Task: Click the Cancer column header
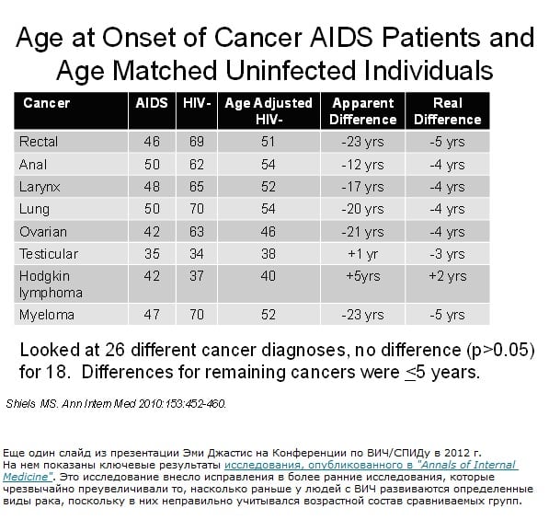[47, 103]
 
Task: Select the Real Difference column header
[448, 111]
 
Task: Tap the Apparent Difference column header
[363, 111]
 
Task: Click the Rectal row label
[39, 142]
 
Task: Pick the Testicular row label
[49, 254]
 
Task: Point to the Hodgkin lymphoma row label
[51, 284]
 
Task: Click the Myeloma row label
[47, 315]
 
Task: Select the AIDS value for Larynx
[152, 187]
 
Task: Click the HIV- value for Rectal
[197, 142]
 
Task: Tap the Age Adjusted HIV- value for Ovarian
[269, 232]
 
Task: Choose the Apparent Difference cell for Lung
[362, 209]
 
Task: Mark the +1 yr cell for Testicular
[362, 254]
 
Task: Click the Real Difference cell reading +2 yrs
[448, 276]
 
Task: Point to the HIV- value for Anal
[197, 165]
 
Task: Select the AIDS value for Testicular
[152, 254]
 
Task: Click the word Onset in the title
[139, 38]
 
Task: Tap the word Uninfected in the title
[291, 71]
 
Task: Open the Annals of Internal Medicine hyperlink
[260, 470]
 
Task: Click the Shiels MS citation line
[116, 404]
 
